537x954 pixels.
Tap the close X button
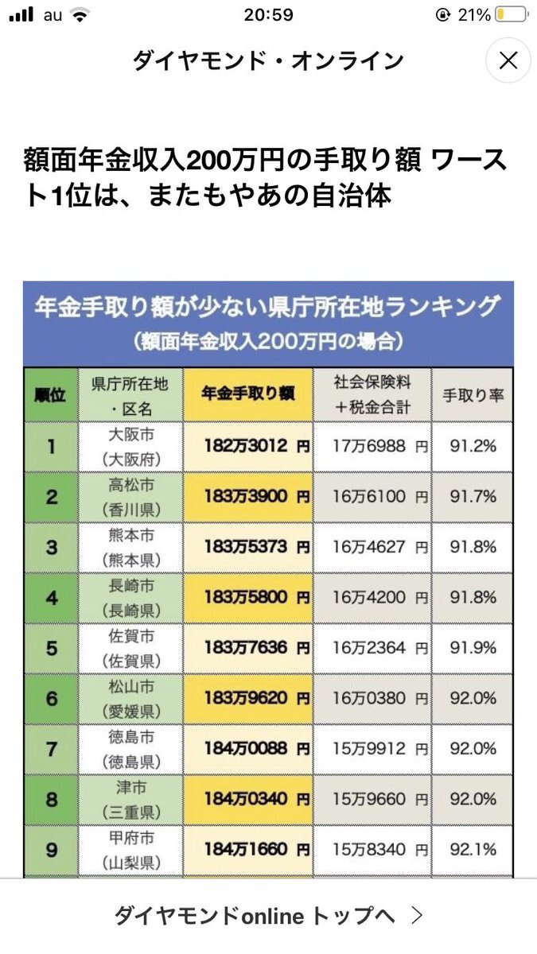(508, 60)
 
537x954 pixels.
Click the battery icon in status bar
(509, 15)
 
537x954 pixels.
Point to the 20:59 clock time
(269, 15)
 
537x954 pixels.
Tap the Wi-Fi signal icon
(78, 15)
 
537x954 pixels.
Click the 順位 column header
(51, 395)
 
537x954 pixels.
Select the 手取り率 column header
(473, 395)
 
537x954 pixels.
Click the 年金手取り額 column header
(248, 395)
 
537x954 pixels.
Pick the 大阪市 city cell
(130, 447)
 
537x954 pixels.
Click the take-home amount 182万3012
(248, 447)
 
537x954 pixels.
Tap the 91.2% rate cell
(473, 447)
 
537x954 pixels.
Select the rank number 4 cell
(51, 598)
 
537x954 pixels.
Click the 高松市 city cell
(130, 497)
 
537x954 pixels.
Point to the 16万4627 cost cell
(372, 548)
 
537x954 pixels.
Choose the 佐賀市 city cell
(130, 648)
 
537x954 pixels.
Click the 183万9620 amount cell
(248, 699)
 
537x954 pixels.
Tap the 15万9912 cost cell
(372, 749)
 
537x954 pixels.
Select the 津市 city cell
(130, 799)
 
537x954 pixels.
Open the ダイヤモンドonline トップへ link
(268, 916)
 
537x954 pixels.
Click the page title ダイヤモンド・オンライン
(268, 60)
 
